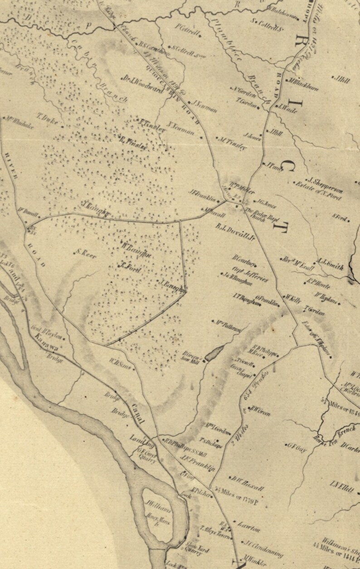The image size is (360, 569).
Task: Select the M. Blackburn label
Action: [x=303, y=85]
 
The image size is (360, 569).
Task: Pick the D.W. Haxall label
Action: [x=247, y=484]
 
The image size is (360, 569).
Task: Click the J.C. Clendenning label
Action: [x=263, y=548]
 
